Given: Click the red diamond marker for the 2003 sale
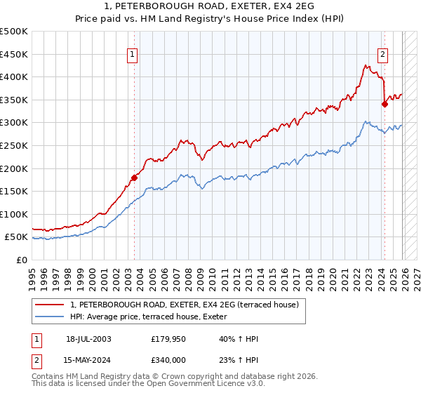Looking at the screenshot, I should [134, 178].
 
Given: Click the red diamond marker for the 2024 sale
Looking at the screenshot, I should [385, 105].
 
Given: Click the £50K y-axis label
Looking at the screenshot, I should [17, 237].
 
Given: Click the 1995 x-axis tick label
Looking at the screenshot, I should [32, 274].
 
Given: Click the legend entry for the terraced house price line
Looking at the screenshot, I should [185, 304].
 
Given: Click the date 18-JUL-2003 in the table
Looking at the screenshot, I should [88, 339].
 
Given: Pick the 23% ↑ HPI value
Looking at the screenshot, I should [239, 360].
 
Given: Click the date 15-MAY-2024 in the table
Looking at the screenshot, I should [88, 360].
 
